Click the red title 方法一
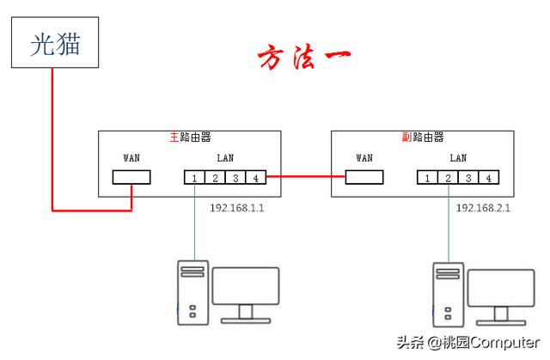point(302,58)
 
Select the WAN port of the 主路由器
point(131,178)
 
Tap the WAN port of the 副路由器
point(364,178)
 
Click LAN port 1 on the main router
point(194,178)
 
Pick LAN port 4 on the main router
point(255,178)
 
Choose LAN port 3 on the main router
point(235,178)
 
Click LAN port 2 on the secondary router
point(448,178)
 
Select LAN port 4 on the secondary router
point(488,178)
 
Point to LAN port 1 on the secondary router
point(427,178)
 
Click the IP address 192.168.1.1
point(238,208)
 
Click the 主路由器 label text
point(190,137)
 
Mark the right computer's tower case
point(448,295)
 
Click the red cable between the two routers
point(306,178)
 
